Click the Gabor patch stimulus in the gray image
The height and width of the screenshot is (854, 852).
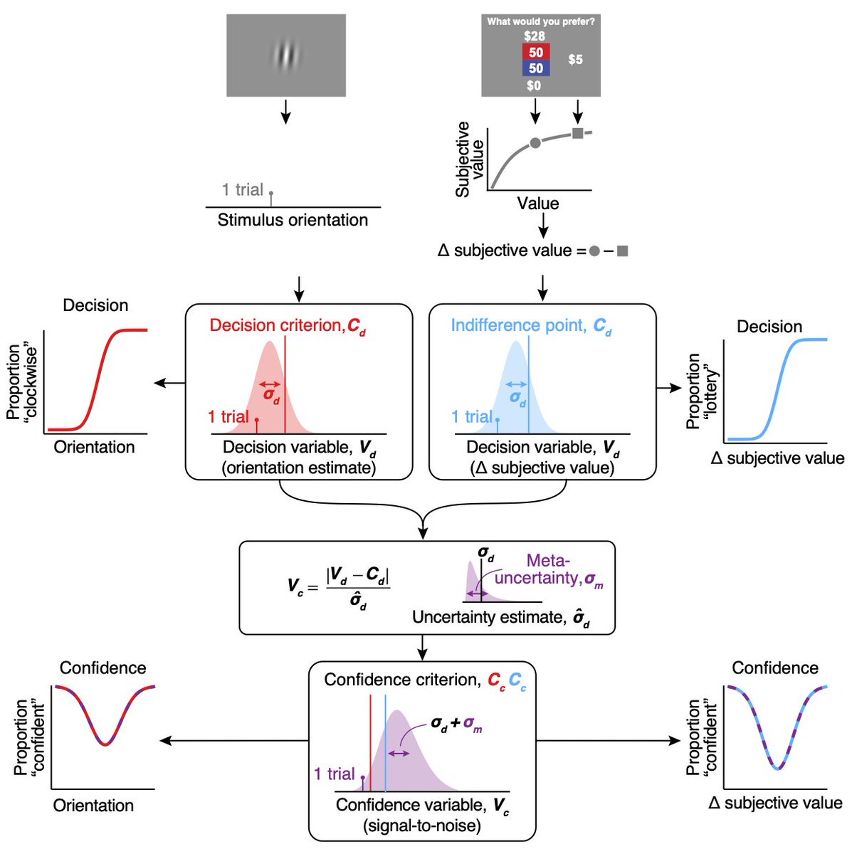point(286,56)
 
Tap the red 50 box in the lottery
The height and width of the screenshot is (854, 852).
point(536,52)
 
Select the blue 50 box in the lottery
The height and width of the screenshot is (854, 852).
point(536,68)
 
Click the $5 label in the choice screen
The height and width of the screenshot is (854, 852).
point(575,60)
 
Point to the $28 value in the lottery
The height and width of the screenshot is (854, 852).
point(534,36)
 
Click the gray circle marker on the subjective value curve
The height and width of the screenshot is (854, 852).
point(535,143)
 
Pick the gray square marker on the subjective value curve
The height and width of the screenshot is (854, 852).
point(577,133)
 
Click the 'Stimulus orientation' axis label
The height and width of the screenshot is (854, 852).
point(293,220)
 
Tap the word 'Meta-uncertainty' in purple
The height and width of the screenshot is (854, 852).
point(548,569)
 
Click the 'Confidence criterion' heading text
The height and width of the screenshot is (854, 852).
point(402,680)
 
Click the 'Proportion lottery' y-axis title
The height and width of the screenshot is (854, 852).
point(702,391)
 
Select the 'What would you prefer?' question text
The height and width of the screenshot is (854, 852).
point(541,21)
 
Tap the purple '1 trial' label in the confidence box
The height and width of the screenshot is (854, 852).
point(335,774)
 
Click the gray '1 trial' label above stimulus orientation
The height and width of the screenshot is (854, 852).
point(243,189)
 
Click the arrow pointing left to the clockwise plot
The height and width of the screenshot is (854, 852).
point(169,384)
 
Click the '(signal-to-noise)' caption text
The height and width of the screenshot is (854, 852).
point(421,826)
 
